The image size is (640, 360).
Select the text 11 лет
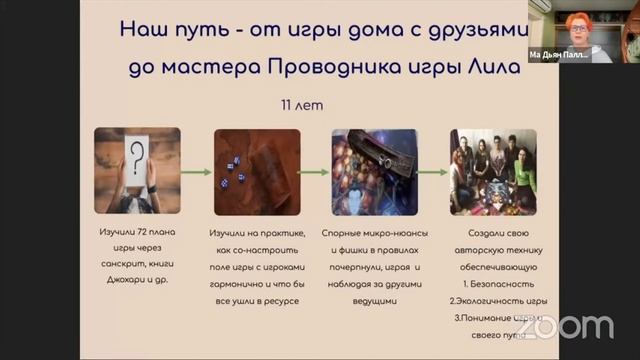click(x=304, y=104)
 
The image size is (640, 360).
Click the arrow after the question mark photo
click(x=197, y=170)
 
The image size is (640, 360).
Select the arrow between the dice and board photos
click(x=316, y=170)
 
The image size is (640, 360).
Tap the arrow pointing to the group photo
click(x=434, y=170)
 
